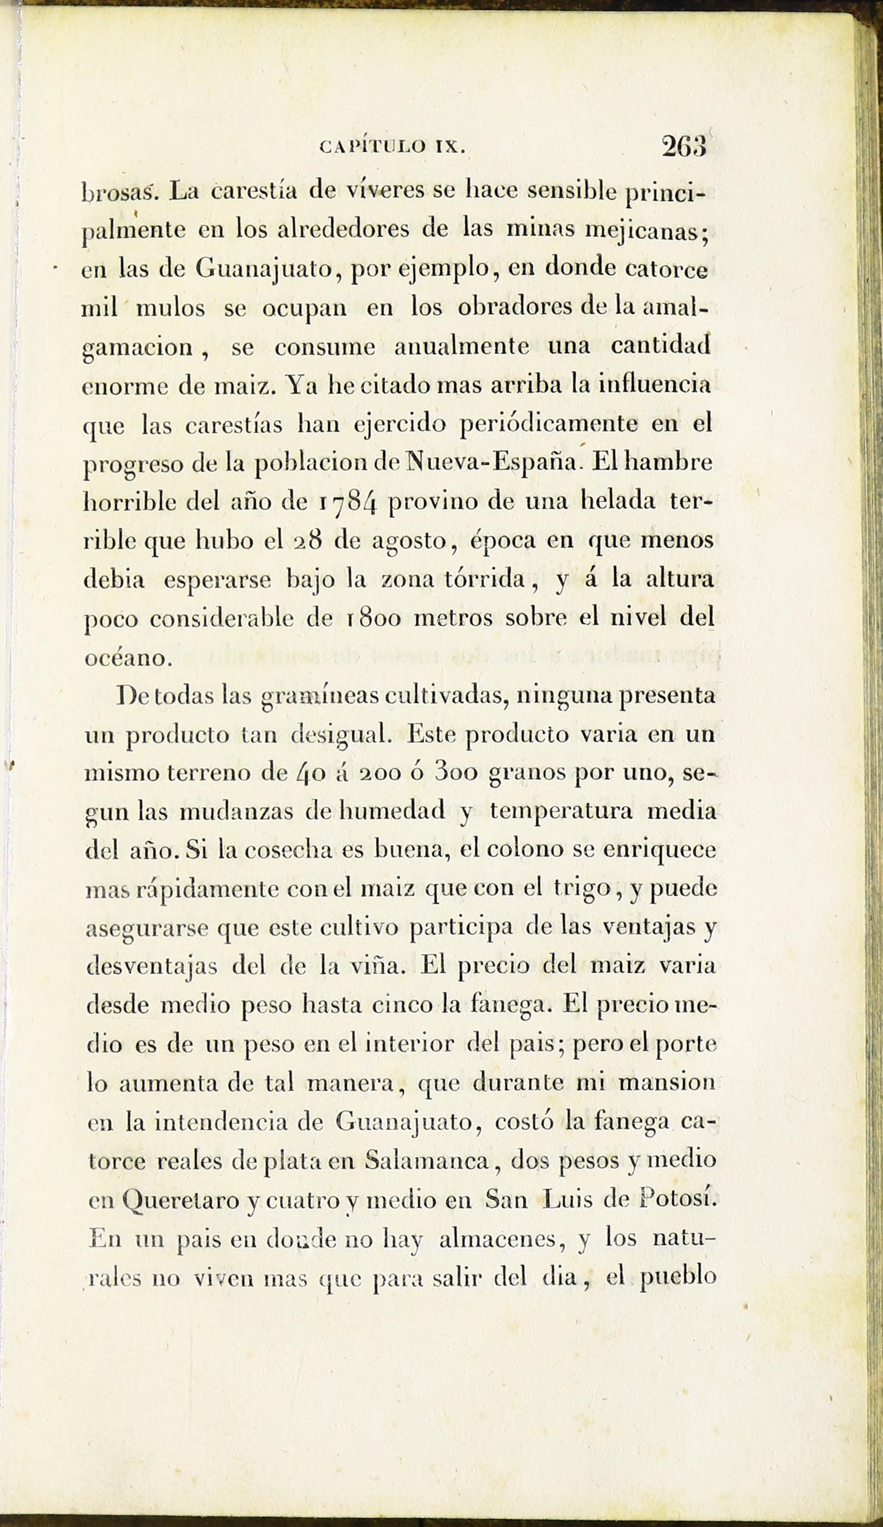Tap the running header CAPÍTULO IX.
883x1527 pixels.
pos(392,147)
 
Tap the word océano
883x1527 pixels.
pos(125,658)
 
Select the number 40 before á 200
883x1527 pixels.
pos(312,774)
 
